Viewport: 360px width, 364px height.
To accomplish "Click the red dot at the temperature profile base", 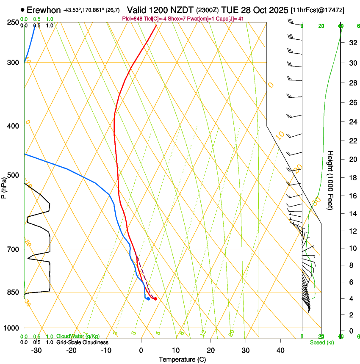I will [155, 299].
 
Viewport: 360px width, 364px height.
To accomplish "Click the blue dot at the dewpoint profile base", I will [148, 299].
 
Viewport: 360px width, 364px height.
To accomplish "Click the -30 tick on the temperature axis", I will [36, 350].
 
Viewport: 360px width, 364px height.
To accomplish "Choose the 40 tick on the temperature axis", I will [280, 350].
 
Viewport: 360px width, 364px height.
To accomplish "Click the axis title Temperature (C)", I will [182, 359].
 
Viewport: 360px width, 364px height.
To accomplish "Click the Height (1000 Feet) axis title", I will [331, 180].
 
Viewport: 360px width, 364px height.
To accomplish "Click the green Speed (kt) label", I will [321, 342].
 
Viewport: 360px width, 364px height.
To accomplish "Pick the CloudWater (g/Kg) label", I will [72, 336].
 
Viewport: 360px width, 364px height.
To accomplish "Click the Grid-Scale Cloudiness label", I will [82, 342].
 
